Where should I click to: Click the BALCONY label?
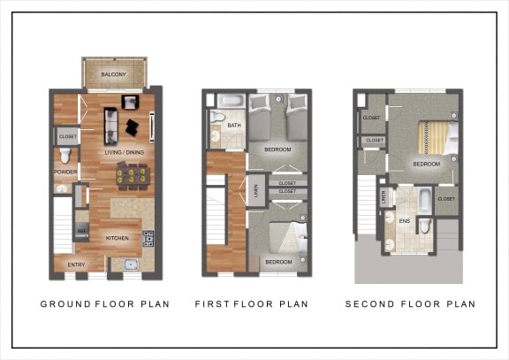point(113,74)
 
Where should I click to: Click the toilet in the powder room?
point(65,157)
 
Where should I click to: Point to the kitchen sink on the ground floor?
point(130,264)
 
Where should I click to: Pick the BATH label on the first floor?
point(233,126)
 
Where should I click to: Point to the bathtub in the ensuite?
point(425,198)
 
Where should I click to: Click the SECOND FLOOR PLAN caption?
point(410,304)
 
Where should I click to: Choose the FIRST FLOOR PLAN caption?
point(252,304)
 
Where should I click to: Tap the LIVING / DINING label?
point(124,153)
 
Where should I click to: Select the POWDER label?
point(65,172)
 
